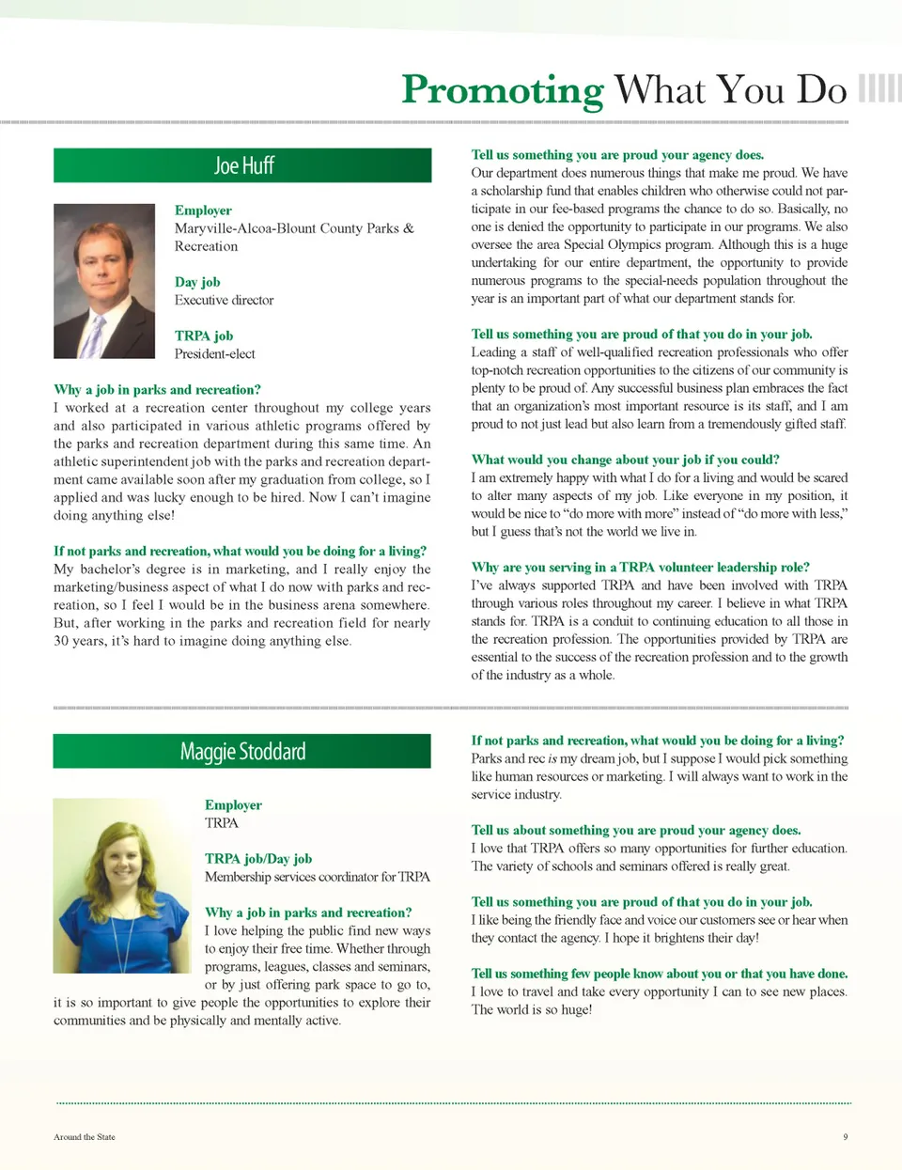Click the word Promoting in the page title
point(502,90)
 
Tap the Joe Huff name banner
point(242,165)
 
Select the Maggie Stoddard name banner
point(242,752)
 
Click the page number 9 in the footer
point(845,1137)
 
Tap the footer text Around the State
point(85,1137)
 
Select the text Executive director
point(224,301)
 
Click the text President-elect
point(214,354)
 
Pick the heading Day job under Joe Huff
point(197,282)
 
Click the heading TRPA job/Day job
point(258,859)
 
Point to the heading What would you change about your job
point(625,460)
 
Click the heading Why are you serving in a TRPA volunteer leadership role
point(640,568)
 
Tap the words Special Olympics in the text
point(610,244)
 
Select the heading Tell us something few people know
point(659,974)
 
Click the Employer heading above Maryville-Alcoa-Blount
point(203,211)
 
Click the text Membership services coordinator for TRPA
point(318,877)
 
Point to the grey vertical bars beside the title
point(879,88)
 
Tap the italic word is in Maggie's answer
point(552,759)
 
